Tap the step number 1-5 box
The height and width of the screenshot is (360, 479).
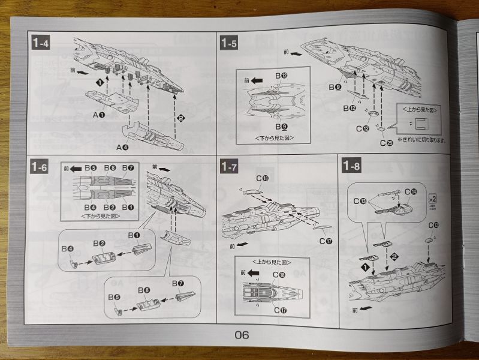(x=229, y=43)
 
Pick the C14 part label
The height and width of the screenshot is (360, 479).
(x=409, y=192)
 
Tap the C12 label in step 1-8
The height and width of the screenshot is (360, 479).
(x=433, y=226)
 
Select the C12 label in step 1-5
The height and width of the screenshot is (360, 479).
(x=363, y=128)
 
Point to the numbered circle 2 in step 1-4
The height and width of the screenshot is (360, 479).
(x=179, y=118)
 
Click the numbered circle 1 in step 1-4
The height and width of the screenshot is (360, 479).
(x=100, y=81)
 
